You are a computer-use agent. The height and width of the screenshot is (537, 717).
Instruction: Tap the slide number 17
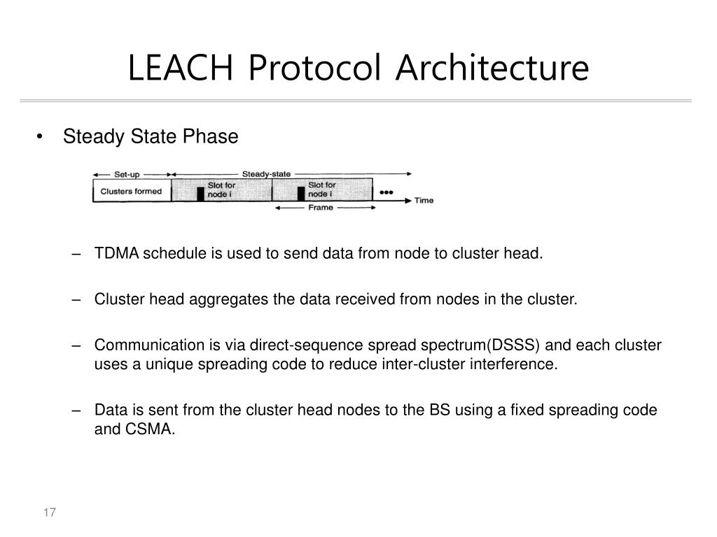(49, 513)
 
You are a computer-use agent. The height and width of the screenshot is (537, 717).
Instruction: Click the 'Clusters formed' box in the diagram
(132, 192)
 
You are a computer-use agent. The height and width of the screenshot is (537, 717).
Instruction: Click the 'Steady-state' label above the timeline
(266, 174)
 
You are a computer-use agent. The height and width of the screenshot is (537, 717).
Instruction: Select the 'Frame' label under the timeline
(322, 208)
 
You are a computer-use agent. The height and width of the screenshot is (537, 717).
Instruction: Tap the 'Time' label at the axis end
(424, 201)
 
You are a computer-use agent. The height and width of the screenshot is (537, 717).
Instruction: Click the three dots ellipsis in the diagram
(386, 191)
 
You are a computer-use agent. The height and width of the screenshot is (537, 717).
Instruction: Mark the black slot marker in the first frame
(200, 194)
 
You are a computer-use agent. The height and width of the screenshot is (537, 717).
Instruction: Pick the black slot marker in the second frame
(301, 194)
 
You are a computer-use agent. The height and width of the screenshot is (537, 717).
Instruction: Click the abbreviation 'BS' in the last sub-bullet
(441, 410)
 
